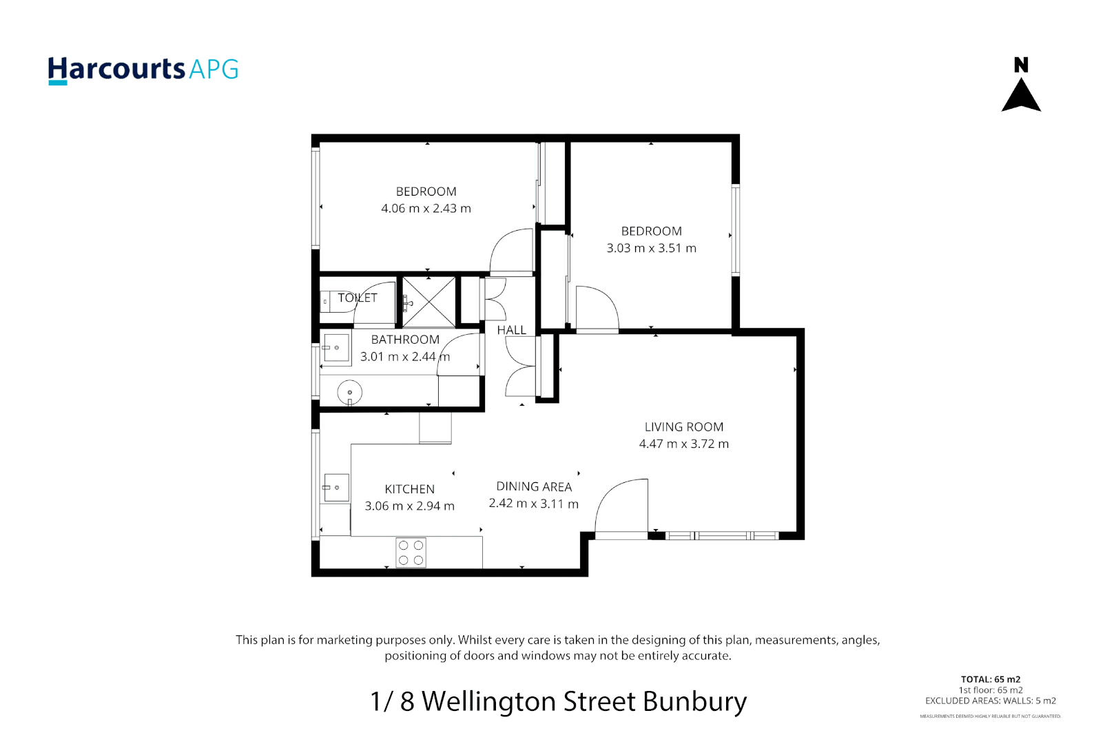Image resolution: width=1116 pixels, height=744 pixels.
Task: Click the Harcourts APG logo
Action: coord(143,70)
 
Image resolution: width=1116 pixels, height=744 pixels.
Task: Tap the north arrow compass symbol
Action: coord(1021,86)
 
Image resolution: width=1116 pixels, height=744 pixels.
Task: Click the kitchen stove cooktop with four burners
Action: coord(411,552)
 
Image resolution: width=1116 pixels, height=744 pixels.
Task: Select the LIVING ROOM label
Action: coord(683,427)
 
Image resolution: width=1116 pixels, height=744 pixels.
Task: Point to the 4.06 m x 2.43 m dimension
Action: coord(426,209)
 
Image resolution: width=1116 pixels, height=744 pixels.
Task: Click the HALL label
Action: coord(511,330)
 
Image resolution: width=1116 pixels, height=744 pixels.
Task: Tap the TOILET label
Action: coord(357,298)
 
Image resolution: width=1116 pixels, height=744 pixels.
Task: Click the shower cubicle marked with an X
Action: coord(428,302)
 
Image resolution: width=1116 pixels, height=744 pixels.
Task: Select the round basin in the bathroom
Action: coord(349,393)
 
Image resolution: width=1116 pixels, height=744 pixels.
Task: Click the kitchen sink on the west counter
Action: coord(335,488)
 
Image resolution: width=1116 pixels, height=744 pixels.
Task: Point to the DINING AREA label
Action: coord(533,486)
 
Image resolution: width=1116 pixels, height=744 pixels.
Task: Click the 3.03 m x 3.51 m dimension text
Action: coord(651,248)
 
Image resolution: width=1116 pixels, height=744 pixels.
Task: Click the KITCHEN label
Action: coord(409,489)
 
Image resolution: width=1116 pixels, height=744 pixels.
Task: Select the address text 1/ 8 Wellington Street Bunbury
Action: coord(558,701)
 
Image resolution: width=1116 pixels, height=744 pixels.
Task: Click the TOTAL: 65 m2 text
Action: coord(990,679)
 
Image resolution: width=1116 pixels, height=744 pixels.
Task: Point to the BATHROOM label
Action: coord(405,340)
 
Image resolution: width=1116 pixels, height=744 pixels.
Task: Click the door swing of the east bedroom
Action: coord(597,309)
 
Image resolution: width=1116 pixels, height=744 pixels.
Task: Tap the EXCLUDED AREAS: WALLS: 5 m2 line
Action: coord(990,701)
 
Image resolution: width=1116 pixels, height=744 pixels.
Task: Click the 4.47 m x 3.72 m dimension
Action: coord(683,444)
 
